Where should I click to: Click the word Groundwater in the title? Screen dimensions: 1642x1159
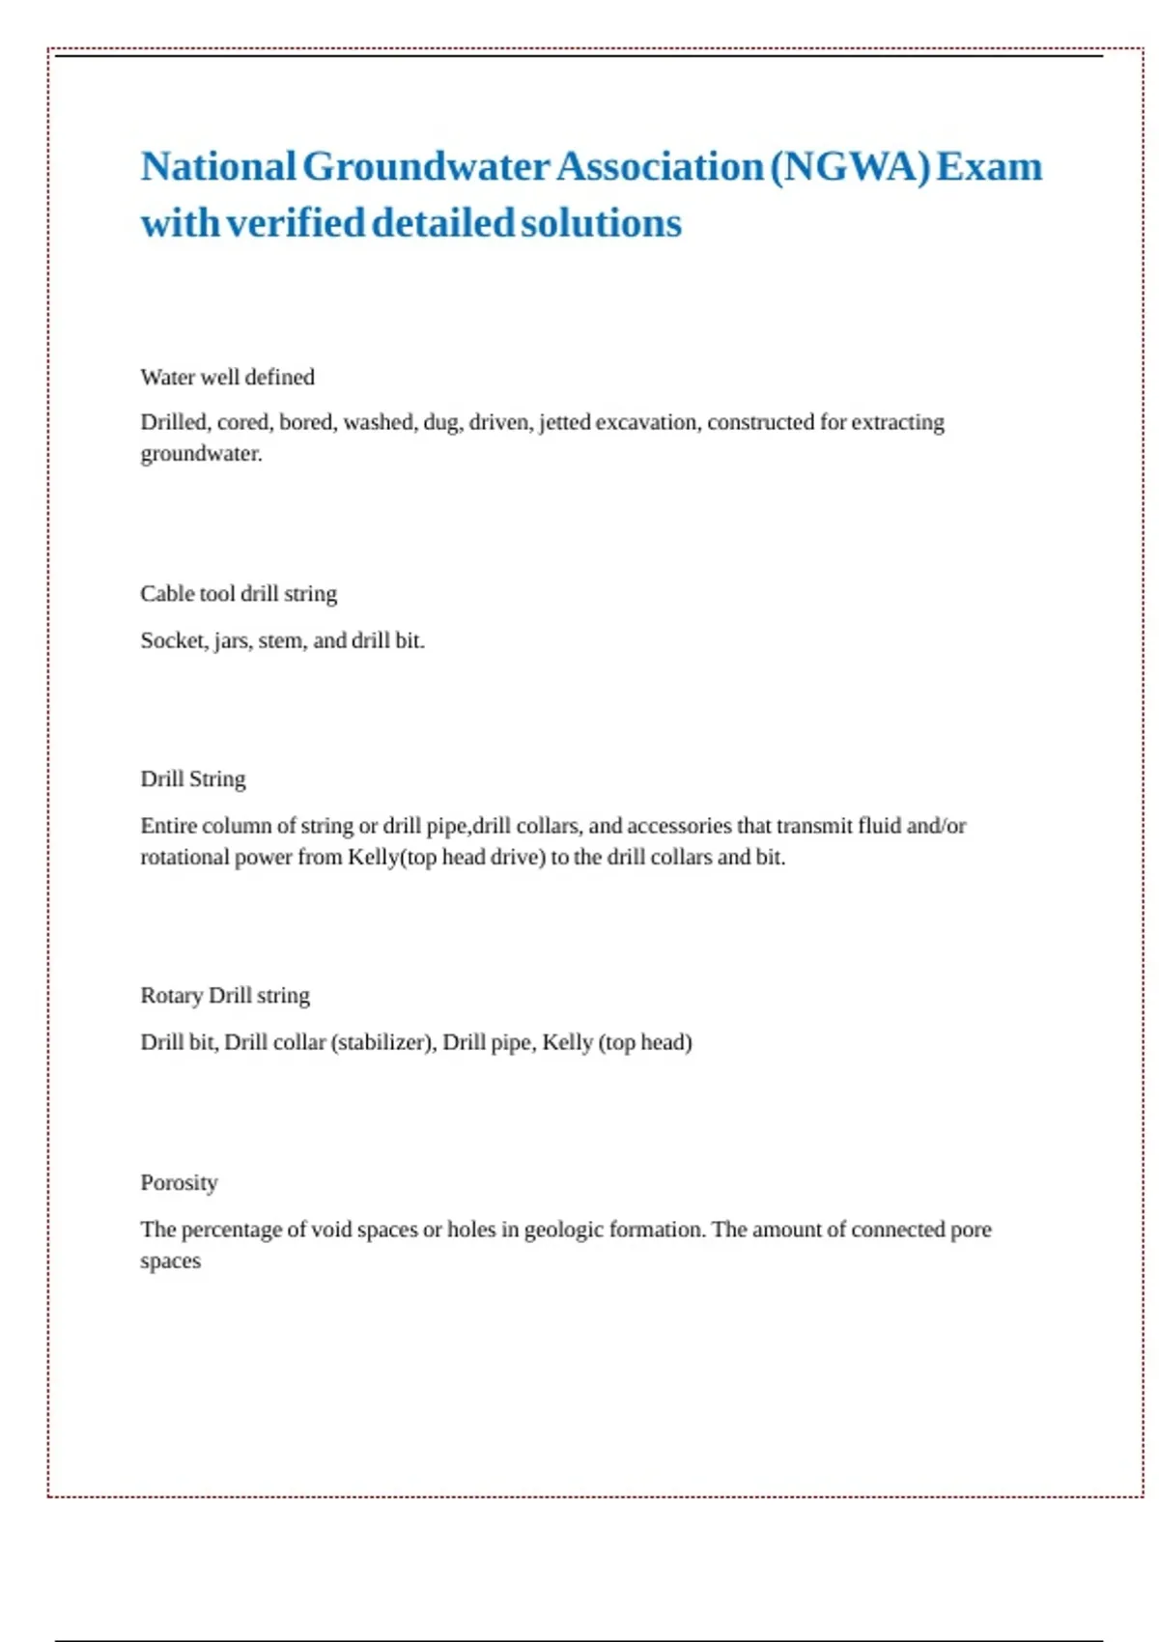tap(426, 167)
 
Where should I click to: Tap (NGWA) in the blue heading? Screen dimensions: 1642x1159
tap(850, 167)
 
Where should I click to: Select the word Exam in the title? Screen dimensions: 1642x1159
tap(990, 167)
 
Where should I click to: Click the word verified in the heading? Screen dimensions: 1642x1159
tap(296, 223)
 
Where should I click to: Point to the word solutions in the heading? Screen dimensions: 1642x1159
tap(601, 223)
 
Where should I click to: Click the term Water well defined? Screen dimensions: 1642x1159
tap(227, 377)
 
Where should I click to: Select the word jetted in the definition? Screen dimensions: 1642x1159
tap(564, 422)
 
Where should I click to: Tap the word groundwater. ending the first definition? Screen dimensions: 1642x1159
tap(201, 454)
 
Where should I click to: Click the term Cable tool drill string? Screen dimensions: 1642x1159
tap(239, 593)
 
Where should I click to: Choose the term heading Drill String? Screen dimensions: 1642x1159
tap(193, 779)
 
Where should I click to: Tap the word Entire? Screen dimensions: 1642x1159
tap(167, 826)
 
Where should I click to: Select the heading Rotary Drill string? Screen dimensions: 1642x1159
tap(225, 995)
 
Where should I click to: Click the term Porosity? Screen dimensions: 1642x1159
tap(179, 1182)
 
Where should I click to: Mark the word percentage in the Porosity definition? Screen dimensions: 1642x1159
tap(233, 1230)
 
